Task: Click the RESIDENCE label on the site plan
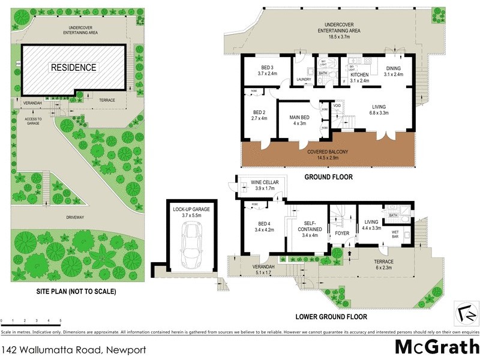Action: [x=73, y=67]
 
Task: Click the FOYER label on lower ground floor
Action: [x=341, y=233]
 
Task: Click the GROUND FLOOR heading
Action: [x=328, y=177]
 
